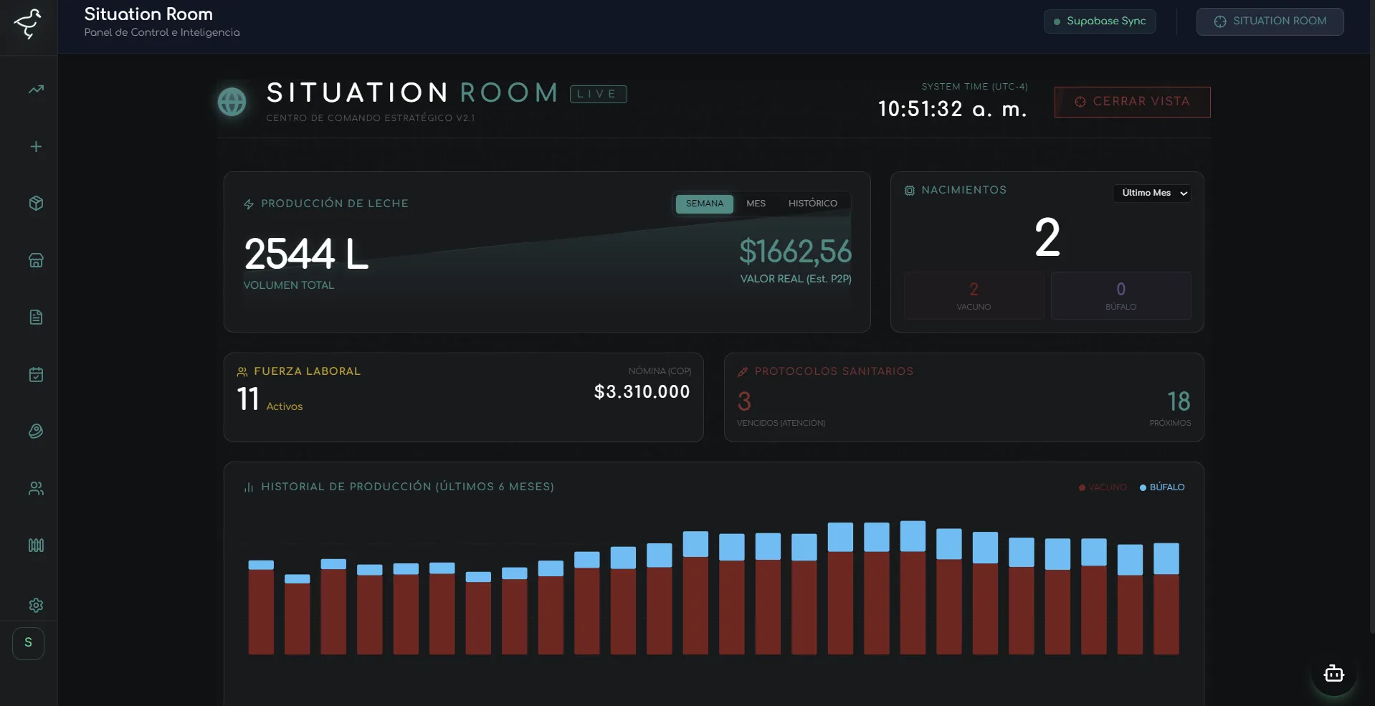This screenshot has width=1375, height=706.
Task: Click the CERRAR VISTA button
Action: pyautogui.click(x=1132, y=102)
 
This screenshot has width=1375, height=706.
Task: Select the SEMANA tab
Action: pyautogui.click(x=704, y=204)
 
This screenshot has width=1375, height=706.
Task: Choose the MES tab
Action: pyautogui.click(x=756, y=204)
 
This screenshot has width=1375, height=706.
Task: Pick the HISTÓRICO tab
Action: pyautogui.click(x=812, y=204)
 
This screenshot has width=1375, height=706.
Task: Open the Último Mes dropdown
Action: pyautogui.click(x=1152, y=193)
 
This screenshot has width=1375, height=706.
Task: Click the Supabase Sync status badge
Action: pyautogui.click(x=1100, y=22)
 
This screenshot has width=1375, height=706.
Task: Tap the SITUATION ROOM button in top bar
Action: pyautogui.click(x=1270, y=22)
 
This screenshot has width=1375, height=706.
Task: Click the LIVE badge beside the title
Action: pyautogui.click(x=598, y=94)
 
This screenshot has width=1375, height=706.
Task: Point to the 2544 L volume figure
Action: pyautogui.click(x=306, y=254)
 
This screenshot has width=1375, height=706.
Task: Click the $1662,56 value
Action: pyautogui.click(x=795, y=252)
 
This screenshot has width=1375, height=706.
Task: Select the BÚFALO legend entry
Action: pyautogui.click(x=1162, y=487)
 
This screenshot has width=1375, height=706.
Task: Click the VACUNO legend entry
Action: pyautogui.click(x=1103, y=487)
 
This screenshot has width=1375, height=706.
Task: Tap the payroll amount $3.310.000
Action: pyautogui.click(x=642, y=392)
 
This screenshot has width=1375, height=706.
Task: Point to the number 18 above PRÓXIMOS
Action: pyautogui.click(x=1178, y=401)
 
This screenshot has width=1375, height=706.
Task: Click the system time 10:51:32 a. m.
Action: pyautogui.click(x=952, y=109)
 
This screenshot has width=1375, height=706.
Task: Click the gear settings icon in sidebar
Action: pyautogui.click(x=36, y=605)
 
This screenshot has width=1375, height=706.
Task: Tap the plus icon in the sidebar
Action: pyautogui.click(x=36, y=147)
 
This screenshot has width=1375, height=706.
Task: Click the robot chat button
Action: pyautogui.click(x=1333, y=674)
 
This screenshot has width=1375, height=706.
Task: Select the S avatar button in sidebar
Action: pyautogui.click(x=29, y=643)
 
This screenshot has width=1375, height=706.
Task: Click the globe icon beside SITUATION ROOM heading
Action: pyautogui.click(x=232, y=102)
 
